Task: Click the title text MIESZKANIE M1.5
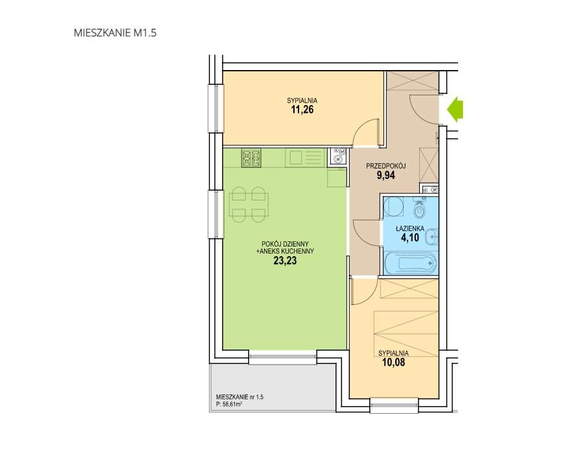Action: [115, 32]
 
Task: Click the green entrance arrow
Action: [455, 110]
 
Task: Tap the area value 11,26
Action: [302, 110]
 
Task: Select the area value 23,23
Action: [285, 261]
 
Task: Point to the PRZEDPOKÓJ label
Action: [385, 166]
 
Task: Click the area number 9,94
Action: [386, 175]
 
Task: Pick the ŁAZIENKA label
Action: [410, 229]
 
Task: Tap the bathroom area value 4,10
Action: [409, 238]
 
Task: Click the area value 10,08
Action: [393, 362]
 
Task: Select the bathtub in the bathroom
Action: [409, 263]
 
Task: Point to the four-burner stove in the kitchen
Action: [251, 158]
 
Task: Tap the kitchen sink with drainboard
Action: [304, 158]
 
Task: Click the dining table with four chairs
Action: [248, 205]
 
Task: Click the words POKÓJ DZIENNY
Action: [286, 244]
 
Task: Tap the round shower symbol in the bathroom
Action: [394, 207]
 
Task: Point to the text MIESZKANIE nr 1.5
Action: [240, 397]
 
